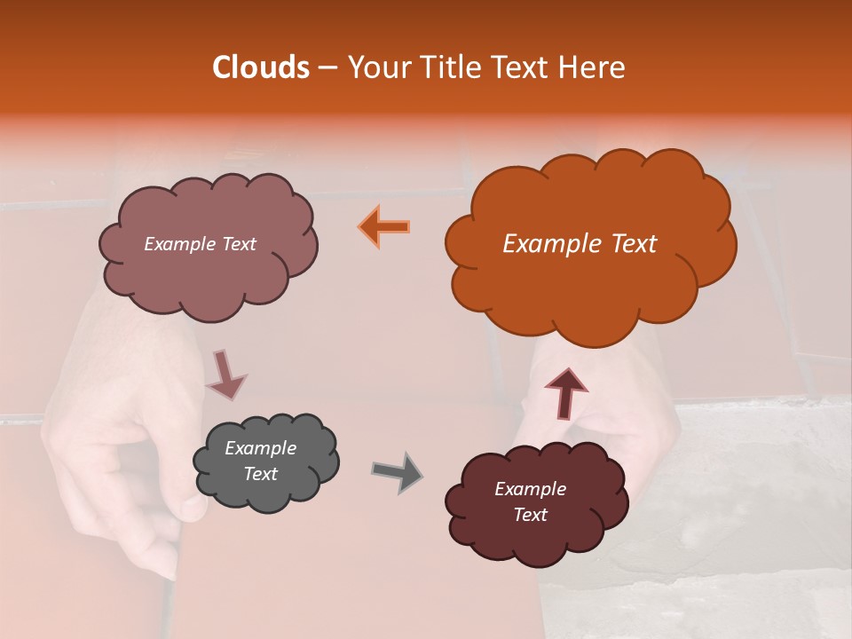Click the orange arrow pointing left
click(384, 226)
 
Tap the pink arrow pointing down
click(225, 374)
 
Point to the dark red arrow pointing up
click(565, 391)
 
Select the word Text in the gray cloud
click(261, 474)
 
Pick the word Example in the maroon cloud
click(530, 489)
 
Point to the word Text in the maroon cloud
click(530, 515)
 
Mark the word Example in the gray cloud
click(261, 448)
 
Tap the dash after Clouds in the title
click(327, 67)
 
